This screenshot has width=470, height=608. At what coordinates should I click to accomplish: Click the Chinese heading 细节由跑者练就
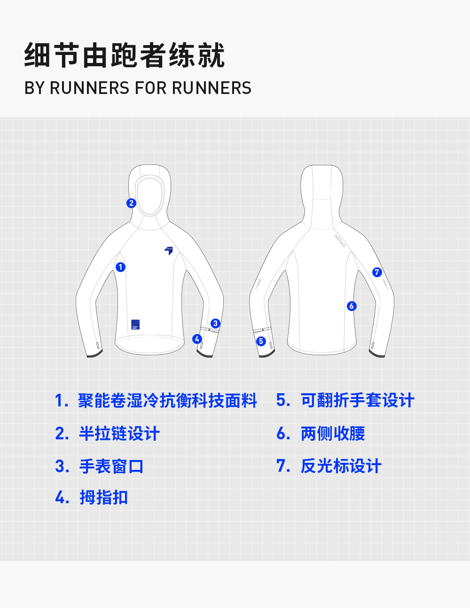(x=125, y=55)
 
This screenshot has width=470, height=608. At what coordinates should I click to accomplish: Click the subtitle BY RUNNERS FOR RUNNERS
(x=138, y=88)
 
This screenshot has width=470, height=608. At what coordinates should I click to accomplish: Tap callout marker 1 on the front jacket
(x=121, y=267)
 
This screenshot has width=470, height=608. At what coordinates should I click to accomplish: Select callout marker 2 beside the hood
(x=131, y=203)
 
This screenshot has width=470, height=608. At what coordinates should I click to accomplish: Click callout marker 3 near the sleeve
(x=215, y=323)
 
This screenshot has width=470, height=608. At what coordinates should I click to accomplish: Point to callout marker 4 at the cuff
(x=197, y=339)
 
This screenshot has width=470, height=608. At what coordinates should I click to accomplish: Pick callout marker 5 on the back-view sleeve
(x=261, y=341)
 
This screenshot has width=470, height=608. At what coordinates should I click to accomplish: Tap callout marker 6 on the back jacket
(x=352, y=306)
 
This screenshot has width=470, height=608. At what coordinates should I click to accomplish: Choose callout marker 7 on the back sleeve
(x=376, y=272)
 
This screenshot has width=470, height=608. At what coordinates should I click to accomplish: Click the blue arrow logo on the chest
(x=168, y=250)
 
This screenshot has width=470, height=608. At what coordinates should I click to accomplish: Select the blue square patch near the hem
(x=135, y=324)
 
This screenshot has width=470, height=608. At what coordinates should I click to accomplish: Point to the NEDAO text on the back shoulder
(x=340, y=241)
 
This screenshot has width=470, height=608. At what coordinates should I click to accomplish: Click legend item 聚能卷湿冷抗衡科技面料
(x=167, y=400)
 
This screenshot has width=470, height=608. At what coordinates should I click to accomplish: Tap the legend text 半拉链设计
(x=119, y=433)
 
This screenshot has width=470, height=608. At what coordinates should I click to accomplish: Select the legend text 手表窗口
(x=111, y=466)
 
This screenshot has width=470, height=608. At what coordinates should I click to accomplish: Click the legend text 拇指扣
(x=103, y=497)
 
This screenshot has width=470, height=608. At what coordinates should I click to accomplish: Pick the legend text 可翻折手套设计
(x=357, y=400)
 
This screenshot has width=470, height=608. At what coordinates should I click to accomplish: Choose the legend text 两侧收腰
(x=333, y=433)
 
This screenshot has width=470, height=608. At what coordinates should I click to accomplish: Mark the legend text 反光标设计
(x=341, y=466)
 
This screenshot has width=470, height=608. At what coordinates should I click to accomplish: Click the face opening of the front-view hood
(x=150, y=195)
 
